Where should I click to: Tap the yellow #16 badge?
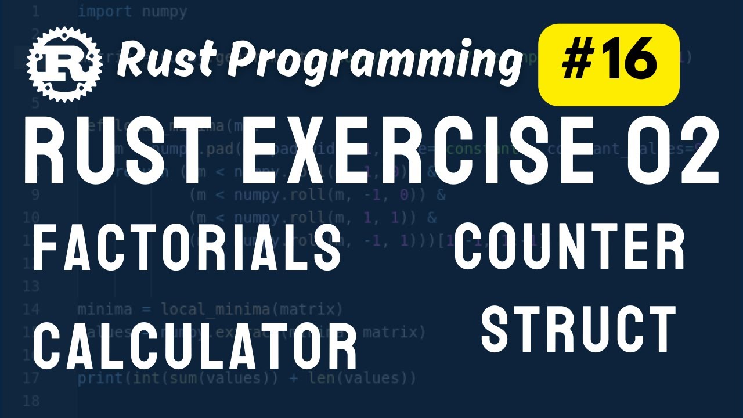(x=609, y=63)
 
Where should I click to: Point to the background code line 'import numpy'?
(x=132, y=12)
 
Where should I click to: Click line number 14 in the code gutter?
(x=32, y=309)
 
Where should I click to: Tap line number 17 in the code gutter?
(x=32, y=379)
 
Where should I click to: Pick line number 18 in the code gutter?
(x=32, y=401)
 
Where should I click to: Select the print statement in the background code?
(x=247, y=379)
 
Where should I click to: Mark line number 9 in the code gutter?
(x=35, y=194)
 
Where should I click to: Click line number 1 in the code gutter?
(x=36, y=12)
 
